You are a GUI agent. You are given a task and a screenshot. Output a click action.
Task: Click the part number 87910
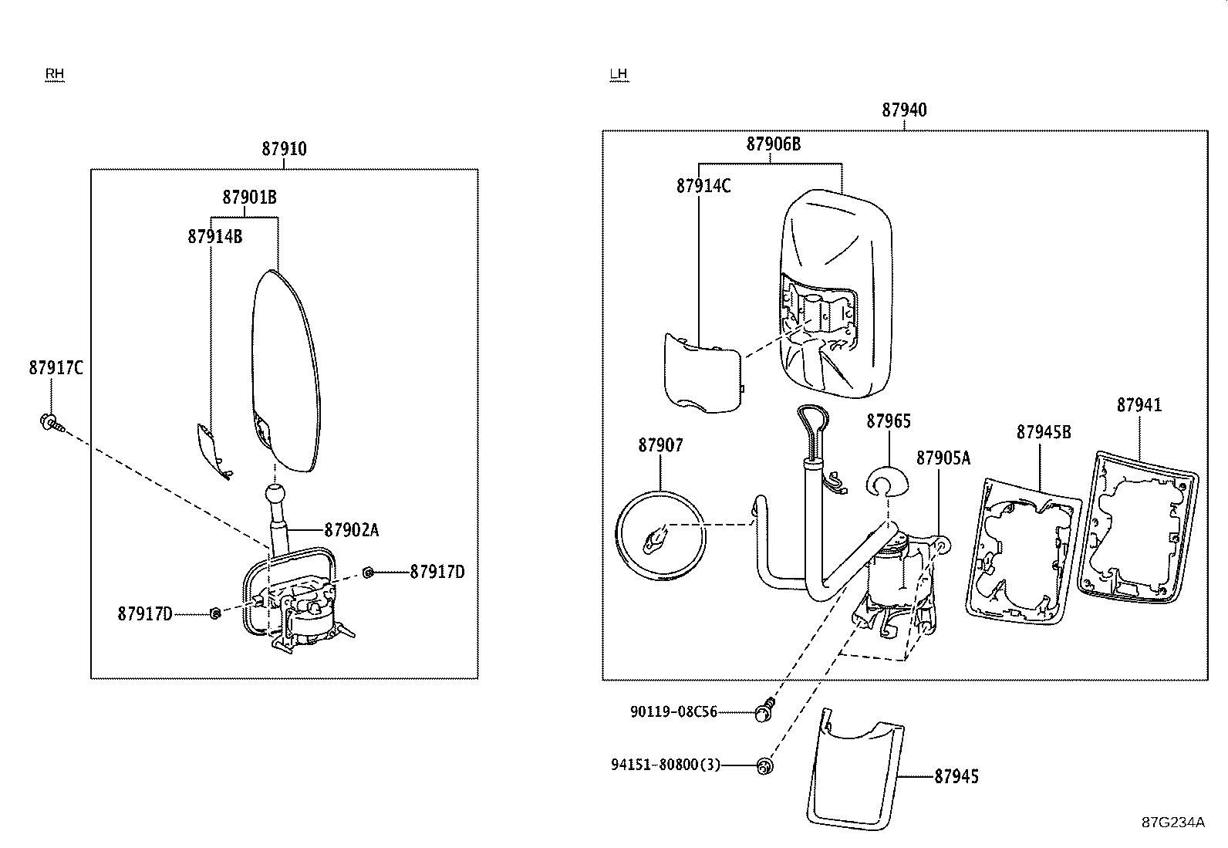(x=284, y=149)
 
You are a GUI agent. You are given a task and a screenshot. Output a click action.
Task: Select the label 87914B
(x=214, y=237)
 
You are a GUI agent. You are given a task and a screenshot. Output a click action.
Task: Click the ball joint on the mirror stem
(x=275, y=494)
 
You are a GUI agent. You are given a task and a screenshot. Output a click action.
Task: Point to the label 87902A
(x=351, y=530)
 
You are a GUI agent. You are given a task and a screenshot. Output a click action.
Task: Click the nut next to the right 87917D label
(x=369, y=572)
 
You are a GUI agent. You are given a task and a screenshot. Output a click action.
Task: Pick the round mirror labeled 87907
(x=660, y=535)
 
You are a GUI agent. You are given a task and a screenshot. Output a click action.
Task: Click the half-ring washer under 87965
(x=889, y=482)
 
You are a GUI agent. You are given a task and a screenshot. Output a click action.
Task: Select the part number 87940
(x=904, y=110)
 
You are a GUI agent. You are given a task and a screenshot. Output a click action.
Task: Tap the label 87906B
(x=773, y=144)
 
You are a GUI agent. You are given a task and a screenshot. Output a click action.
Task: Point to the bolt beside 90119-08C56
(x=765, y=710)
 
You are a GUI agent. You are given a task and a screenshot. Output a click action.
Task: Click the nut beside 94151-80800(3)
(x=765, y=765)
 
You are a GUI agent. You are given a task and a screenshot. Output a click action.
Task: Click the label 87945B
(x=1043, y=432)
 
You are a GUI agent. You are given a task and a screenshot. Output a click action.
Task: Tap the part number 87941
(x=1139, y=405)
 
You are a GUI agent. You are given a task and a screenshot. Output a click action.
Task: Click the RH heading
(x=54, y=74)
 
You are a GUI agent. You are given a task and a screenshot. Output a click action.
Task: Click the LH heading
(x=619, y=74)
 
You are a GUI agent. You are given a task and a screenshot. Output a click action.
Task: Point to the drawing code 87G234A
(x=1172, y=822)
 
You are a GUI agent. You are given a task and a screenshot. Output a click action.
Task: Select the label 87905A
(x=943, y=458)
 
